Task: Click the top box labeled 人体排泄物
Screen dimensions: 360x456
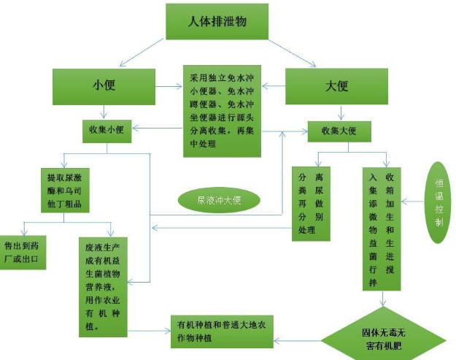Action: pyautogui.click(x=217, y=22)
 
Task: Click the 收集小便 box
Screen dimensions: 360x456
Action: pyautogui.click(x=107, y=130)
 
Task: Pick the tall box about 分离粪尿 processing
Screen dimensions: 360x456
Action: pyautogui.click(x=311, y=203)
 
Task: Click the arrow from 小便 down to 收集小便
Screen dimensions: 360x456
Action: pyautogui.click(x=106, y=112)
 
